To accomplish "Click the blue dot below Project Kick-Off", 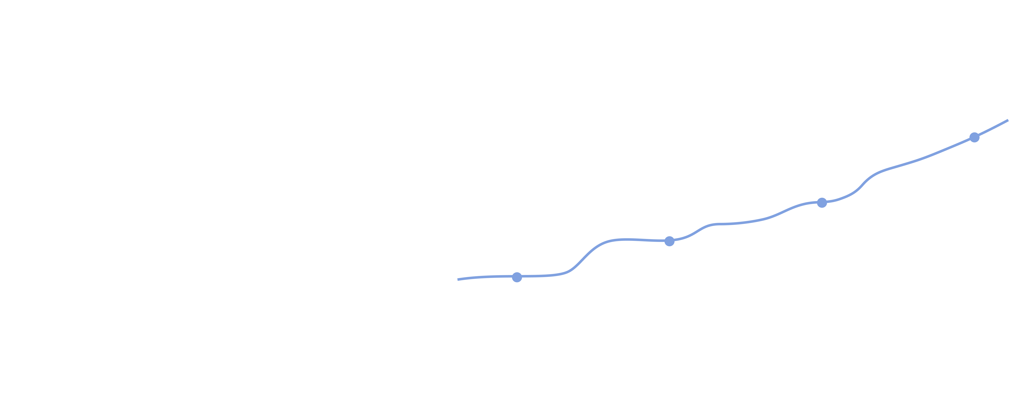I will click(x=517, y=277).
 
